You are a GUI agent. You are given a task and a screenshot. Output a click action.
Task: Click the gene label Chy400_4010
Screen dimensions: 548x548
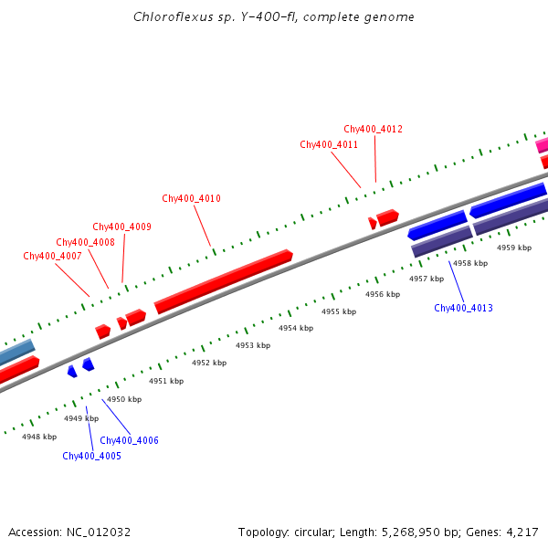tap(191, 198)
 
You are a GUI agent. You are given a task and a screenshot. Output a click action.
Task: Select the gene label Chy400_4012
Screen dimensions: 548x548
tap(373, 129)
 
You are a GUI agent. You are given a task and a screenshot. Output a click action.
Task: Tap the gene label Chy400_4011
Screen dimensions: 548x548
tap(329, 144)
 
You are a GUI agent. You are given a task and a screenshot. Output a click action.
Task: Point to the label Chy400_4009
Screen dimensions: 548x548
tap(121, 227)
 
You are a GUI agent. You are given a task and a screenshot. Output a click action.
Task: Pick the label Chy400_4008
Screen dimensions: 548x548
tap(85, 242)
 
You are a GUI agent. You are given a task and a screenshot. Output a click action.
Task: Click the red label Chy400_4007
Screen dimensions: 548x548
tap(52, 256)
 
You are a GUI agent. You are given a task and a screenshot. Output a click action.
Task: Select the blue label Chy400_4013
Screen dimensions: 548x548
tap(463, 308)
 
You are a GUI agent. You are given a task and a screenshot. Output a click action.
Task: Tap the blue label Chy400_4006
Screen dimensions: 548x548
tap(129, 440)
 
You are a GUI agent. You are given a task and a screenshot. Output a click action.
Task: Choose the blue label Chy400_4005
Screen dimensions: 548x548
tap(91, 456)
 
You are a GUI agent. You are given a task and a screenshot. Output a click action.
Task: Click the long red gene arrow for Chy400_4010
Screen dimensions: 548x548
tap(224, 281)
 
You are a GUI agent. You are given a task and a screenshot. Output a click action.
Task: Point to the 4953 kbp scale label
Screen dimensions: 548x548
tap(253, 345)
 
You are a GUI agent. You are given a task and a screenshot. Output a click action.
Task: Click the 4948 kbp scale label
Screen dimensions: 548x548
tap(39, 437)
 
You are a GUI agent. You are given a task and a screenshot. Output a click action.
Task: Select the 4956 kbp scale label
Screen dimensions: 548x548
tap(383, 294)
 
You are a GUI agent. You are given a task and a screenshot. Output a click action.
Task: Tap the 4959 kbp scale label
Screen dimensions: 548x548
tap(513, 248)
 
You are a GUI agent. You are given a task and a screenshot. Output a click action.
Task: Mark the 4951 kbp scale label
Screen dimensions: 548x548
tap(166, 381)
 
